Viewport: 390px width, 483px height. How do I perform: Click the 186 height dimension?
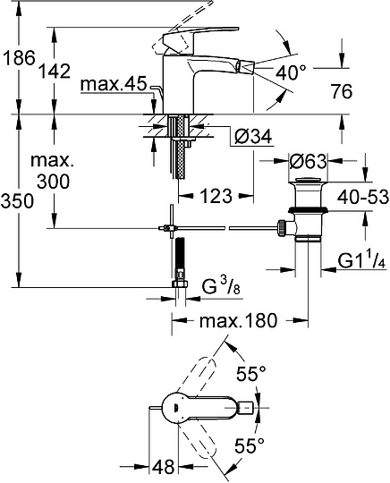pyautogui.click(x=18, y=58)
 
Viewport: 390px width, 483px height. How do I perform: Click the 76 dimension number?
pyautogui.click(x=340, y=92)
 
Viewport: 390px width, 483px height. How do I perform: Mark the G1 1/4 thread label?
pyautogui.click(x=360, y=261)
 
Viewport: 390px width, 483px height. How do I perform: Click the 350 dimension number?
pyautogui.click(x=18, y=201)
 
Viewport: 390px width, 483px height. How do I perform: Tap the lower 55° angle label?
pyautogui.click(x=251, y=444)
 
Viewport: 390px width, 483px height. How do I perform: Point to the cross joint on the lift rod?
pyautogui.click(x=169, y=229)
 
